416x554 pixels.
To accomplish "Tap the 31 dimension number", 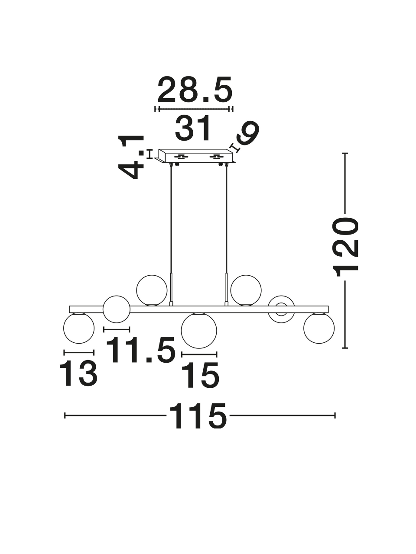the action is [193, 128].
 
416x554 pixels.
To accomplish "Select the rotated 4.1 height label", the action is [131, 157].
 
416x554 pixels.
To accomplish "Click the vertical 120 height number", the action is [345, 247].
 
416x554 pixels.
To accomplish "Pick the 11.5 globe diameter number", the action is [141, 350].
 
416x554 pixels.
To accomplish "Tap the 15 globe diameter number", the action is [200, 375].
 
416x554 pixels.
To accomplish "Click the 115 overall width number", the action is [198, 415].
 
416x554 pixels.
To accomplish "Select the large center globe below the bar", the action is [199, 330].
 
